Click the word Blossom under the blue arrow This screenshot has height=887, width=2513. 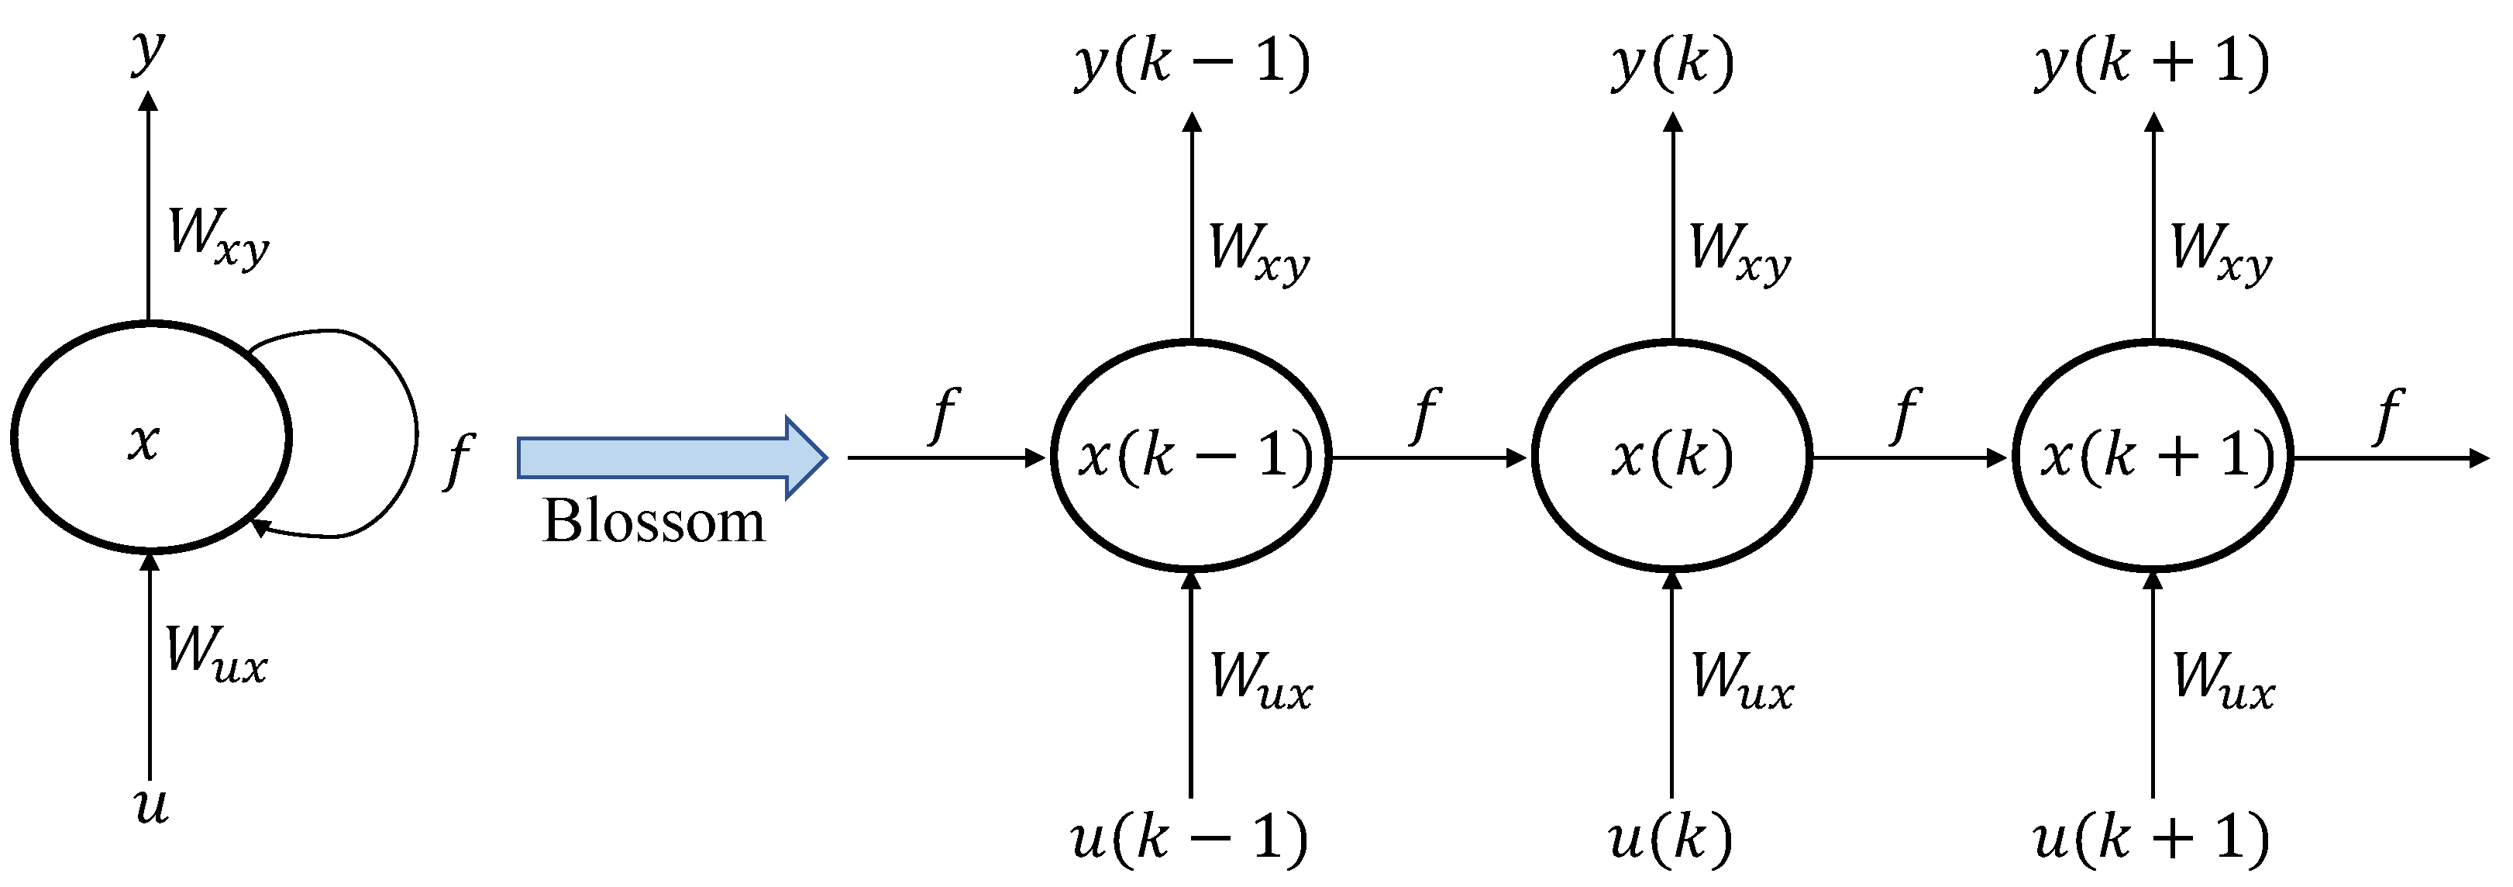[x=653, y=521]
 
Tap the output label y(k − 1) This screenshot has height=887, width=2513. [x=1191, y=64]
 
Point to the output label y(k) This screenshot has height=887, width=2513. [x=1672, y=64]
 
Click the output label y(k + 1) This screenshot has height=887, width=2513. [x=2153, y=64]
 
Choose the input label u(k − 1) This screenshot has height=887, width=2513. [x=1190, y=837]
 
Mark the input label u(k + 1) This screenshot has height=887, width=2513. [x=2152, y=837]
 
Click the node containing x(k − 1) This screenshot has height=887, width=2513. [x=1191, y=456]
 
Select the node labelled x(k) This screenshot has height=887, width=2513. [x=1672, y=456]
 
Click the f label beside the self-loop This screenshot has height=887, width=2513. [x=457, y=461]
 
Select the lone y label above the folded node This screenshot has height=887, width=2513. [x=148, y=50]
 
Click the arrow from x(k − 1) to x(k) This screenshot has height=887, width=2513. [x=1429, y=457]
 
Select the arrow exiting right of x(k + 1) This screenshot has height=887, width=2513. [x=2390, y=457]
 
